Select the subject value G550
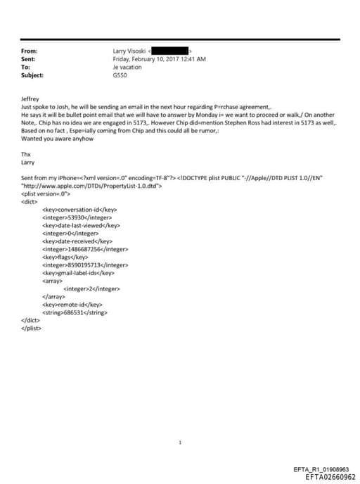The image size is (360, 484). click(120, 75)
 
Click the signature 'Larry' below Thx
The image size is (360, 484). click(28, 162)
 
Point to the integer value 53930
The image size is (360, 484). click(75, 218)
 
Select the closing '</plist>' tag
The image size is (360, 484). click(32, 327)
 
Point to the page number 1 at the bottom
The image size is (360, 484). click(181, 442)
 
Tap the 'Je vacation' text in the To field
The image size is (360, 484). click(127, 67)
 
